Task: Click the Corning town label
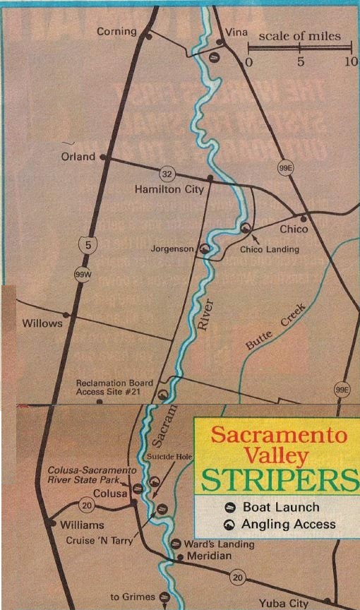pos(116,32)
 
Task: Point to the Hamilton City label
pos(169,189)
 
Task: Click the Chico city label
pos(294,229)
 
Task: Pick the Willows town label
pos(41,324)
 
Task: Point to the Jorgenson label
pos(172,249)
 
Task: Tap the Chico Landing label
pos(270,249)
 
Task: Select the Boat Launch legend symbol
pos(229,507)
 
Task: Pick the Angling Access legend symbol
pos(229,524)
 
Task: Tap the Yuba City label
pos(283,604)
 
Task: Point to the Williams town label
pos(82,525)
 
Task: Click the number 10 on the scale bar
pos(351,62)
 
